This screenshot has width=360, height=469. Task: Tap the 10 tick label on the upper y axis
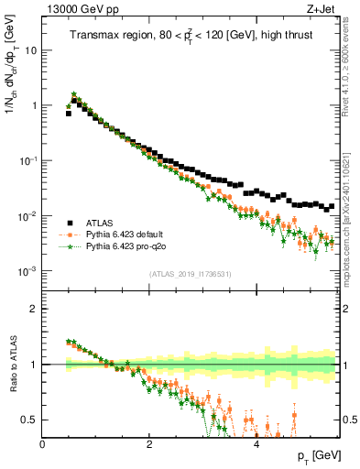30,50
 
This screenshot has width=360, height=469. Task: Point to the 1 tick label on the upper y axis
34,105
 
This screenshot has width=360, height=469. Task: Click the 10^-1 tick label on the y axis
27,160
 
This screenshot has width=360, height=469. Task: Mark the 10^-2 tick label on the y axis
27,216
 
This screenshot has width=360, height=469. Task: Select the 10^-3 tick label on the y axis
27,271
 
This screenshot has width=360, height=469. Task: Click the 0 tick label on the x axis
42,443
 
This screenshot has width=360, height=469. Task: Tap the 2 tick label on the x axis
149,443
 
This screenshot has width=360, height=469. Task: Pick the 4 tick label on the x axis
256,443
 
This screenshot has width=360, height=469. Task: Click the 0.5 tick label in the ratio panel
28,420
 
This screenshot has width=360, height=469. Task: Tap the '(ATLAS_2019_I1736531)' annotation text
190,275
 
